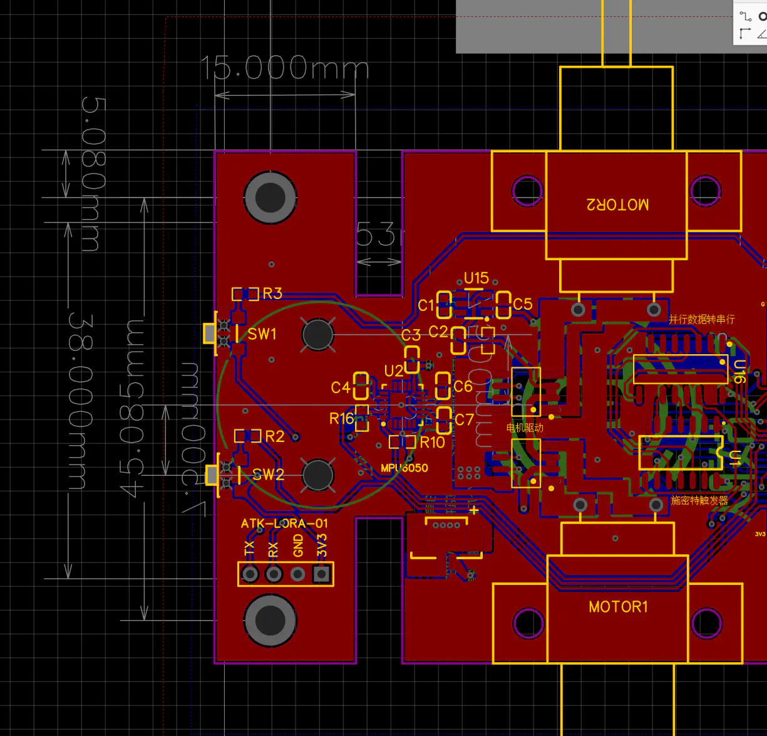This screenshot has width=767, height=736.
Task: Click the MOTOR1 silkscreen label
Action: [x=618, y=607]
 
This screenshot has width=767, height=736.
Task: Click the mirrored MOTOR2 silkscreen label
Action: [x=617, y=204]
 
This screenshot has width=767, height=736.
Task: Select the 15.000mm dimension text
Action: [x=285, y=68]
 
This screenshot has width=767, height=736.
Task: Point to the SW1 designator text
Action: [x=262, y=334]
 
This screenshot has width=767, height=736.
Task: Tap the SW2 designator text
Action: [x=268, y=475]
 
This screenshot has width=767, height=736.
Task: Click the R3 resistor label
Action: [x=272, y=293]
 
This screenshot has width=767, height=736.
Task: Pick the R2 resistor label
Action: [x=275, y=436]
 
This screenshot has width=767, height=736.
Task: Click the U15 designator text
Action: [x=476, y=278]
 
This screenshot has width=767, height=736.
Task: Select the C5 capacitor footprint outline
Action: [x=503, y=305]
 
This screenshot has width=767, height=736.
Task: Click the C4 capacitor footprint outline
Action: [x=361, y=386]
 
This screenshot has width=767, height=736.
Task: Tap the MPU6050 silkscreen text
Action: [x=404, y=468]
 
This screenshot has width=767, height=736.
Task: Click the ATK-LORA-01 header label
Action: [x=284, y=523]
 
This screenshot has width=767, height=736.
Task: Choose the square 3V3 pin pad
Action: [x=322, y=574]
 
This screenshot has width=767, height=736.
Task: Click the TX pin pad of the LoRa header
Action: [x=250, y=574]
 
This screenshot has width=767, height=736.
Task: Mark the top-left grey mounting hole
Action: [x=270, y=197]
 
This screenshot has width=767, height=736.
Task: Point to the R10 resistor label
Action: [x=432, y=443]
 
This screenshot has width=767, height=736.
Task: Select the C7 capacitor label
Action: [x=464, y=419]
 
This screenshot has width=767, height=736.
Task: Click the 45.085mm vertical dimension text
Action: [x=133, y=407]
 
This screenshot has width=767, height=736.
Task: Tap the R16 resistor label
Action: [x=341, y=418]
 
